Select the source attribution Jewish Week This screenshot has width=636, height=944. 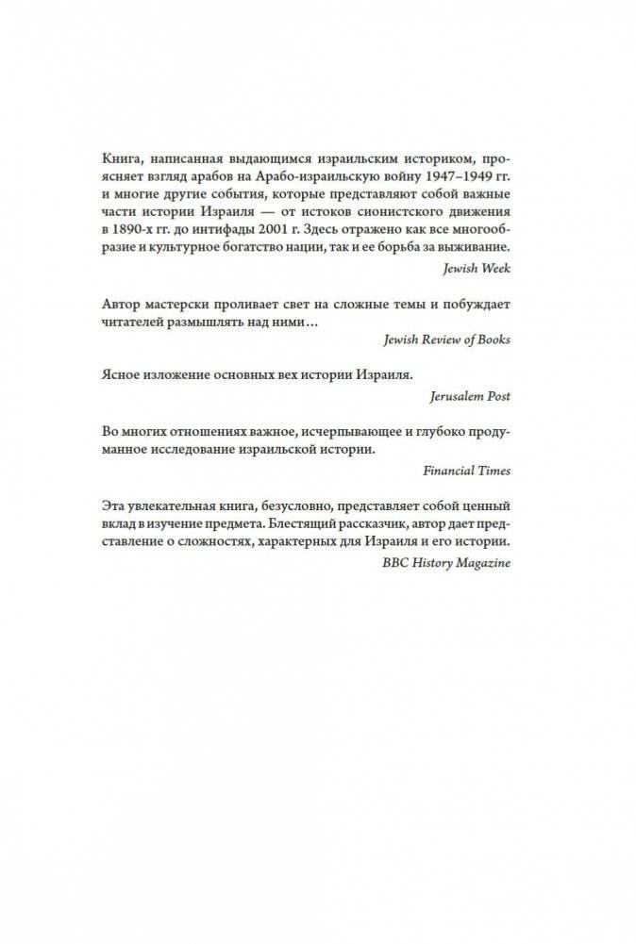tap(477, 268)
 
